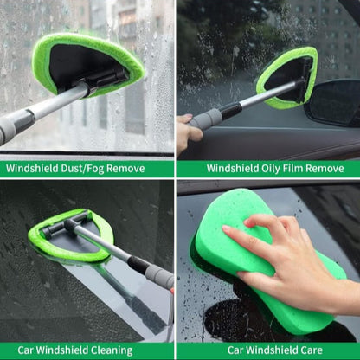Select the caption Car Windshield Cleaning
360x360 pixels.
pyautogui.click(x=87, y=350)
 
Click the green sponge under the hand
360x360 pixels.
pyautogui.click(x=260, y=268)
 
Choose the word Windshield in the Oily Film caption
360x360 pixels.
pyautogui.click(x=235, y=169)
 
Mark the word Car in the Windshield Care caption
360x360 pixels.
pyautogui.click(x=236, y=350)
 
